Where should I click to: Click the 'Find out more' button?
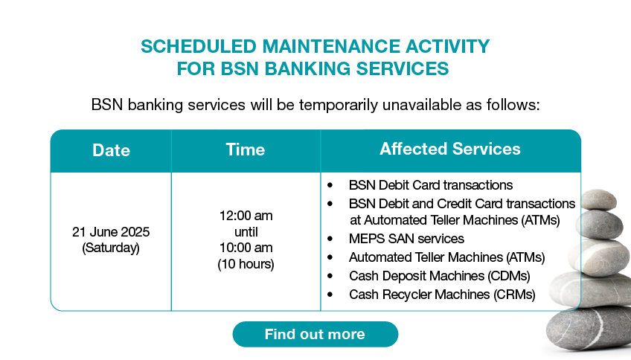(x=315, y=334)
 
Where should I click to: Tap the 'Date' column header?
(x=111, y=150)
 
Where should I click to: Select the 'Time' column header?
(x=246, y=150)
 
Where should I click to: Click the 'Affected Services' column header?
(x=450, y=149)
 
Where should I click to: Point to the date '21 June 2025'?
(x=111, y=231)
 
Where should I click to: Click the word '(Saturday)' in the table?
(x=111, y=248)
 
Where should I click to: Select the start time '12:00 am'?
(x=246, y=216)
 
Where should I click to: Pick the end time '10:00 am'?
(x=246, y=248)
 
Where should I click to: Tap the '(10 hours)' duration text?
(x=246, y=264)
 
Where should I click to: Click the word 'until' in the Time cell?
(x=246, y=231)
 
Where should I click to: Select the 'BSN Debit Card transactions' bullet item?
(x=431, y=185)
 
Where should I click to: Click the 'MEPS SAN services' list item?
(x=406, y=239)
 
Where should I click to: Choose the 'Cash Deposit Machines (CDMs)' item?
(x=440, y=276)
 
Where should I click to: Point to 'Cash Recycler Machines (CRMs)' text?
(x=442, y=295)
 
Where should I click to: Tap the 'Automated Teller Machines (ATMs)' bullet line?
(x=446, y=257)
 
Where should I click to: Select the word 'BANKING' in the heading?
(x=308, y=68)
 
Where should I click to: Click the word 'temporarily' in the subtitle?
(x=338, y=105)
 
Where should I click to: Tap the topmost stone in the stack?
(x=598, y=199)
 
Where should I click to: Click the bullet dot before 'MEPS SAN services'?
(x=330, y=239)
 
